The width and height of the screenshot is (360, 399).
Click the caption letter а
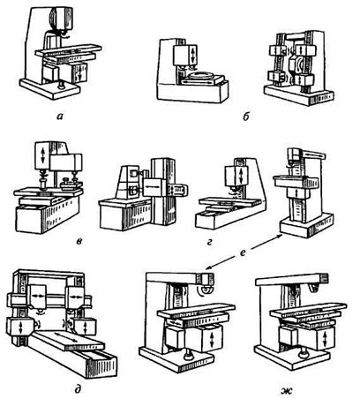click(x=59, y=117)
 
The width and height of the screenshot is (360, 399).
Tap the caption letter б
click(x=246, y=117)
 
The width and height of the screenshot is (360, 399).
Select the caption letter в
click(x=79, y=242)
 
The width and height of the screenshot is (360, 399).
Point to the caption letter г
click(x=209, y=243)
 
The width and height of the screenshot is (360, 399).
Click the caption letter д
click(x=78, y=390)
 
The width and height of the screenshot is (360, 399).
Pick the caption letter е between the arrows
click(x=243, y=252)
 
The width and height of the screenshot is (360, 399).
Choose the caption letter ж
click(x=288, y=391)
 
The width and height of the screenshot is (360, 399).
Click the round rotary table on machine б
click(x=201, y=75)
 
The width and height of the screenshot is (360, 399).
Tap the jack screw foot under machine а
click(x=62, y=86)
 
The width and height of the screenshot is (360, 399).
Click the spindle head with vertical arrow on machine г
click(x=237, y=176)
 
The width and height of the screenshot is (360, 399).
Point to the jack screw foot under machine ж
click(x=302, y=354)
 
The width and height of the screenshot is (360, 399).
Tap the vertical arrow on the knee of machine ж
click(x=325, y=339)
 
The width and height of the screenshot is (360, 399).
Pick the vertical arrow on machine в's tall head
click(x=43, y=155)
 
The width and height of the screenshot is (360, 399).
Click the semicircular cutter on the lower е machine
click(x=205, y=290)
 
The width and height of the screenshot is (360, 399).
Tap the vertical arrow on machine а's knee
click(x=79, y=72)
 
